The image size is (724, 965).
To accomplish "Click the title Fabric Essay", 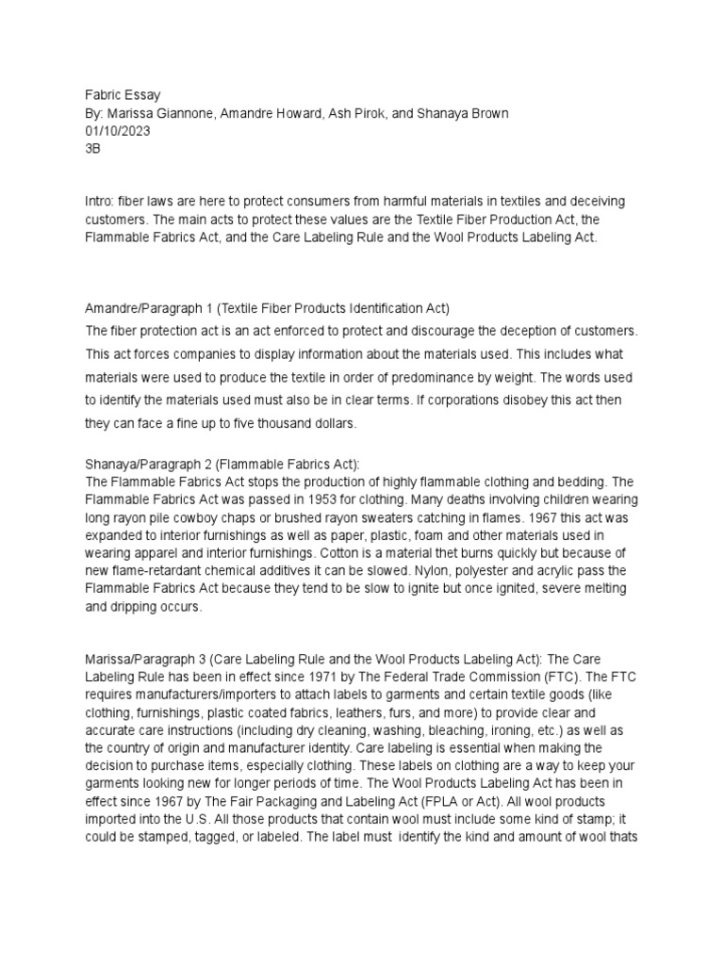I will coord(123,95).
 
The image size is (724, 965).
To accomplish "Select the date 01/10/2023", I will coord(118,131).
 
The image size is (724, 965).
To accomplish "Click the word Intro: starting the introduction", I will coord(102,203).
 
